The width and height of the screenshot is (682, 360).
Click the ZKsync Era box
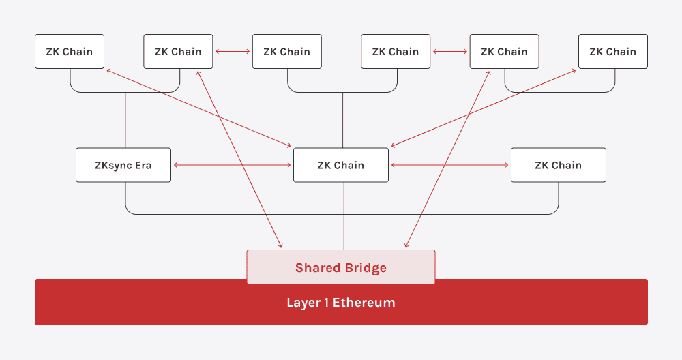(123, 165)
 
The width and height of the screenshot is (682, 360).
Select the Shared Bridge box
(340, 267)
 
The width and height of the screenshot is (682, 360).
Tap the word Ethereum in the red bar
(364, 302)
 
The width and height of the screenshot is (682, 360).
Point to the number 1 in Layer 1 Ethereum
(325, 302)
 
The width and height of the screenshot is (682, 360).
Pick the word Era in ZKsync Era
(143, 165)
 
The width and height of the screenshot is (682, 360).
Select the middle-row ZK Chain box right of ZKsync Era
(340, 165)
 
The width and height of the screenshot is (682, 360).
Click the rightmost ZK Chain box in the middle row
(558, 165)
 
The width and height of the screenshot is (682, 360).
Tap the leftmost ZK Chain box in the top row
(69, 52)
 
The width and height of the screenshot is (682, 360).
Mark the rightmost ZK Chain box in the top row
(612, 52)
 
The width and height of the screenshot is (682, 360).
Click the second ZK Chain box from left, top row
(178, 52)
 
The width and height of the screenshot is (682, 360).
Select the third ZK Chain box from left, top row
(286, 52)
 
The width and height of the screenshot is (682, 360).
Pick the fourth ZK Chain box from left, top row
(395, 52)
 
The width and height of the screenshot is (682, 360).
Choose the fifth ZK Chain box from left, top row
(504, 52)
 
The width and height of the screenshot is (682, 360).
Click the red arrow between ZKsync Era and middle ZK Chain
(232, 165)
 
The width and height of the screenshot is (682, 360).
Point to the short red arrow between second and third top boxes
(233, 51)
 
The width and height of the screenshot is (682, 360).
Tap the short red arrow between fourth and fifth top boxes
(450, 51)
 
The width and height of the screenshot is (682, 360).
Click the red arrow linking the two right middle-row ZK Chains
(450, 165)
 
